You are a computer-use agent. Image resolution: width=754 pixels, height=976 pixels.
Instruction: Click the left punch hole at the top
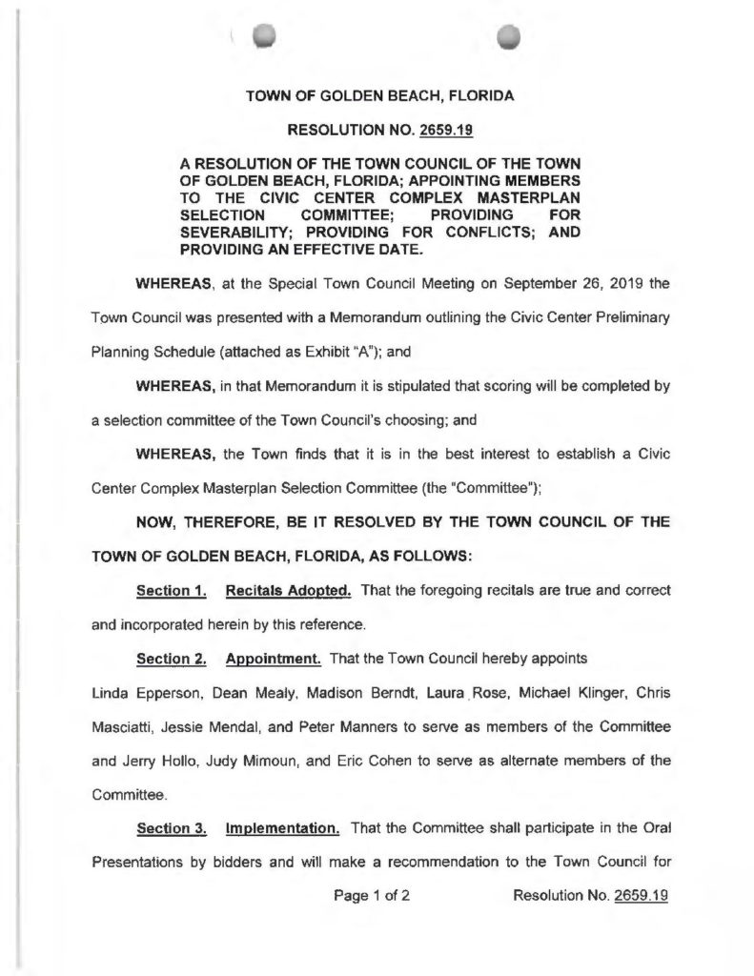tap(264, 34)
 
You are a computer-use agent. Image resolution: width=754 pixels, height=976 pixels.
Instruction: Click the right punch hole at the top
tap(511, 34)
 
